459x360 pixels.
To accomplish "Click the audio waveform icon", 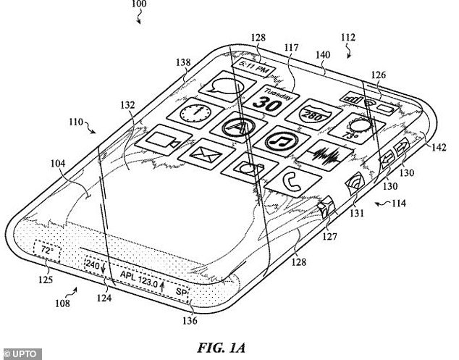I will coord(324,155).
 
